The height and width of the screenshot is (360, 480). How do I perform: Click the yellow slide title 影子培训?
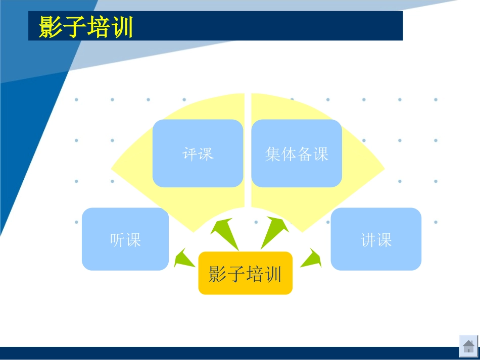point(86,27)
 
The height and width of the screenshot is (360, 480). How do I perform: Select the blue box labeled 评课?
point(198,153)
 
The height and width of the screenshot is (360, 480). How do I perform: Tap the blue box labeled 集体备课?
point(297,153)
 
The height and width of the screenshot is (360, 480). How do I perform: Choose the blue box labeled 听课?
point(125,239)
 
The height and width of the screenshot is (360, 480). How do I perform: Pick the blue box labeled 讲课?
point(376,239)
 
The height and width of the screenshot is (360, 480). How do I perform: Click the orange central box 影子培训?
point(245,273)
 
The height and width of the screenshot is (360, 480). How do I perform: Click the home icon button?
point(468,346)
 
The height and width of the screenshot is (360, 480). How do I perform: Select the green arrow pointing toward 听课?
point(182,260)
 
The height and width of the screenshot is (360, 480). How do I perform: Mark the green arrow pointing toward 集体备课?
point(274,231)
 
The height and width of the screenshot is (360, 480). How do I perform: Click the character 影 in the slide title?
point(51,27)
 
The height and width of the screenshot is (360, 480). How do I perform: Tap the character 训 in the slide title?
point(122,27)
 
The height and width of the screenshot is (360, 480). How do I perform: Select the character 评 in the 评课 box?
point(189,153)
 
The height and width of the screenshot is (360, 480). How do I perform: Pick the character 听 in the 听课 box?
point(117,239)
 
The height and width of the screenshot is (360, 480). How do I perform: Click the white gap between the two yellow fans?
point(248,151)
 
